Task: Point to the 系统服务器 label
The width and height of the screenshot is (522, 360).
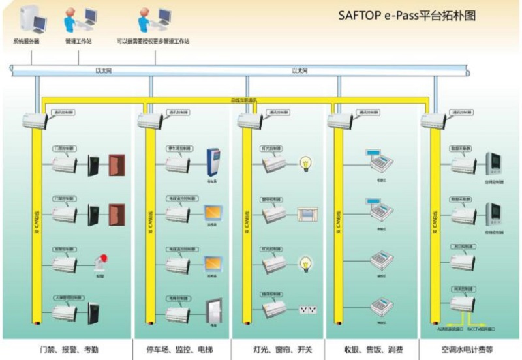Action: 27,42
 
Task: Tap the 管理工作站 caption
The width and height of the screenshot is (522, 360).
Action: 78,42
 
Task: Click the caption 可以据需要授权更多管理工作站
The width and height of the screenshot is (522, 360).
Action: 153,42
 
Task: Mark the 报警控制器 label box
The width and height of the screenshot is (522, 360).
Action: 68,248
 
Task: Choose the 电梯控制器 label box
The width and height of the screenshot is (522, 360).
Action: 180,297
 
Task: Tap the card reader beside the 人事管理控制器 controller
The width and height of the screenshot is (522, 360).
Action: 94,313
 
